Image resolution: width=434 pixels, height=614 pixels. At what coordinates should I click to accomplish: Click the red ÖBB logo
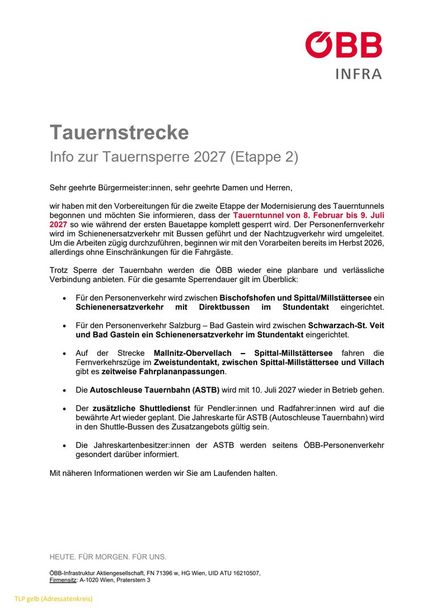coord(344,45)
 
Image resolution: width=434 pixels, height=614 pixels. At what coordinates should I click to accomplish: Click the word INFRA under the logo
coord(359,74)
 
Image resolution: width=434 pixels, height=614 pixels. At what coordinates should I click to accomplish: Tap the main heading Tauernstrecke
coord(119,132)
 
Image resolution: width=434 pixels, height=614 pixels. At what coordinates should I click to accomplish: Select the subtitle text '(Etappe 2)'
coord(264,157)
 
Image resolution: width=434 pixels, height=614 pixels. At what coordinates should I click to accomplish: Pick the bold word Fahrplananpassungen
coord(164,372)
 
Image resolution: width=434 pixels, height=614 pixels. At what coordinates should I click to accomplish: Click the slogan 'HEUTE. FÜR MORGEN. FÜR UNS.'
coord(108,557)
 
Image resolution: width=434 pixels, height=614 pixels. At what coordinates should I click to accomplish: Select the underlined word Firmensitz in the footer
coord(63,580)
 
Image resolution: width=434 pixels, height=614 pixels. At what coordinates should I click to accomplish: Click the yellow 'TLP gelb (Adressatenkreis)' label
coord(53,599)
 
